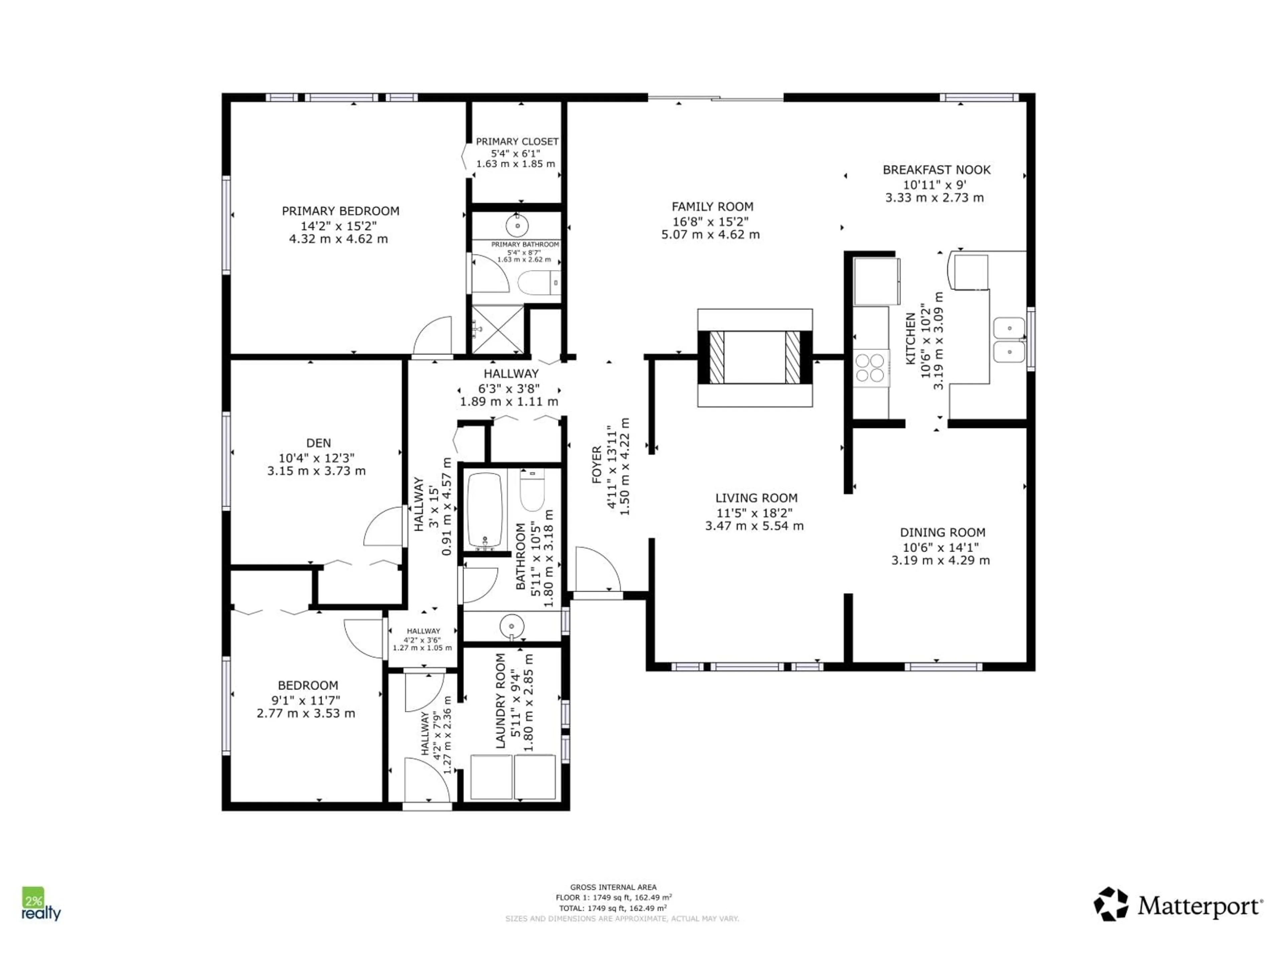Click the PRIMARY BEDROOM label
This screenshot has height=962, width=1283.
340,211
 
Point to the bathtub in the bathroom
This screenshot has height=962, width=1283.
485,510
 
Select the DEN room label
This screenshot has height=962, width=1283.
318,443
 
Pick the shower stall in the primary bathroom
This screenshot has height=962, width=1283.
497,329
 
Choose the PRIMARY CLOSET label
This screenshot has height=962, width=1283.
517,142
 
